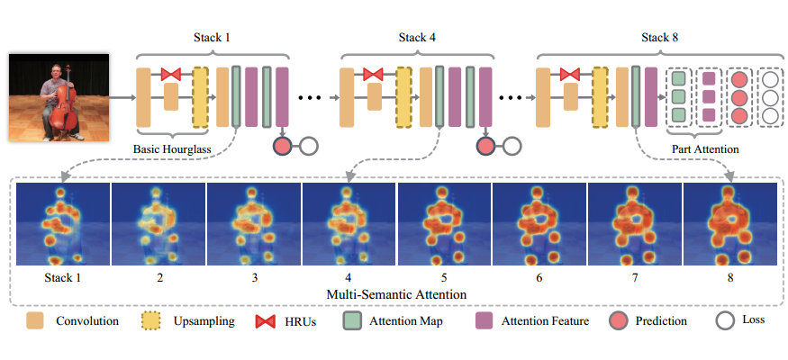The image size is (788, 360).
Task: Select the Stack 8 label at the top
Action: (x=660, y=37)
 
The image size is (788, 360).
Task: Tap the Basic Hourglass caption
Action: (x=172, y=147)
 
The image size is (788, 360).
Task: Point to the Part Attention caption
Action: (x=705, y=147)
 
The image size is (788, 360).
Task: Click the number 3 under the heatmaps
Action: (x=254, y=277)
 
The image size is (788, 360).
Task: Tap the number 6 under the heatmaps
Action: (x=539, y=277)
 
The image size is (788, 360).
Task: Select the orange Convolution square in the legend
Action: (x=35, y=320)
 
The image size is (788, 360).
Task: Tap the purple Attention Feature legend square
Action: (x=485, y=320)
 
